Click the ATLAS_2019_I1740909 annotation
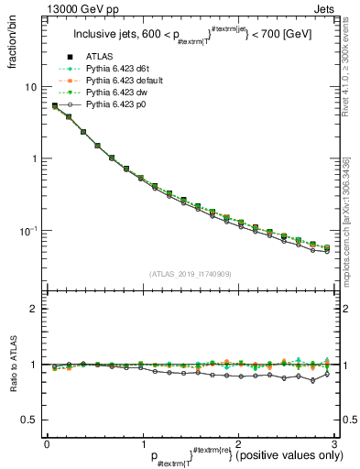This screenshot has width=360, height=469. click(x=190, y=274)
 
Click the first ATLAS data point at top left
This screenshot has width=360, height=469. click(x=55, y=105)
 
